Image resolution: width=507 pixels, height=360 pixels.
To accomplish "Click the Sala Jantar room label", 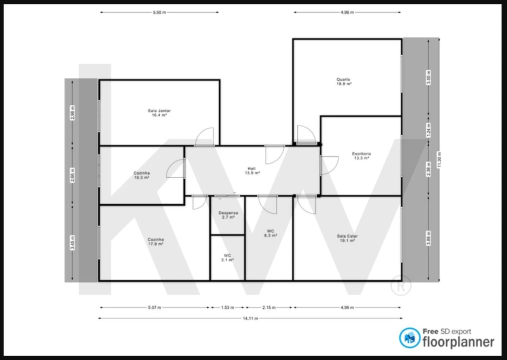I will [x=159, y=112].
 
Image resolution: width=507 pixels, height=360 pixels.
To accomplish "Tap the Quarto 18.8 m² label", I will [x=343, y=81].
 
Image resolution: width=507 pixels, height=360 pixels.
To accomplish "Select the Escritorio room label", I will [x=361, y=155].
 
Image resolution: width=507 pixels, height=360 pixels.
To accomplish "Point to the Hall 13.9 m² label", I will [x=252, y=170].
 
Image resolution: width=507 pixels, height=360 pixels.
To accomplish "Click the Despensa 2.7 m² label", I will [x=228, y=215].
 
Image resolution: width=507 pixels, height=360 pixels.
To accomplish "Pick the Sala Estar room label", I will [x=347, y=238].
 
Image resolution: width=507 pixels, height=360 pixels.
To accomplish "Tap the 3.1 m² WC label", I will [x=227, y=257].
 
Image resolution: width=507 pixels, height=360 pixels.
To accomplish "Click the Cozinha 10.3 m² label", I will [x=141, y=175].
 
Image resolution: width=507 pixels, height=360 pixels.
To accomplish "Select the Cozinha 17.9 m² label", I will [x=155, y=241].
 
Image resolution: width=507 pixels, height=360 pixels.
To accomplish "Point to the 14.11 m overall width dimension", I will [x=251, y=318].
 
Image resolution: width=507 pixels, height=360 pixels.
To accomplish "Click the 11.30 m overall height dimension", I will [x=439, y=160].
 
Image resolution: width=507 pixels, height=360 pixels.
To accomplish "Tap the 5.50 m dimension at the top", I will [x=159, y=12].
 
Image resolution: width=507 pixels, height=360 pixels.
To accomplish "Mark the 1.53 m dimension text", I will [x=227, y=307].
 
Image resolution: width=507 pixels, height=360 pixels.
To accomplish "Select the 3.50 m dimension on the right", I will [x=428, y=78].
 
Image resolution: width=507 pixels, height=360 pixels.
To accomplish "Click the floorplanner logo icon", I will [x=409, y=338].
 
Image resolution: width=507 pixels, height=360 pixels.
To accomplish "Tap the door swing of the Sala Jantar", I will [x=205, y=137].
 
